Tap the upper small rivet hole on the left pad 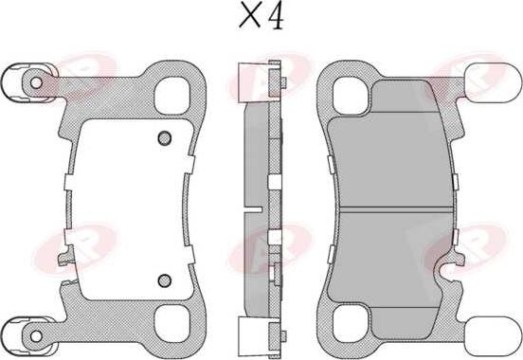[x=163, y=137]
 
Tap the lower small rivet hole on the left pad [x=164, y=279]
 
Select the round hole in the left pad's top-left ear [x=36, y=82]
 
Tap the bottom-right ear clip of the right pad [x=490, y=333]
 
